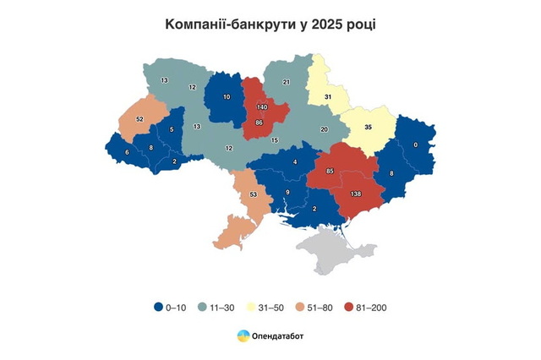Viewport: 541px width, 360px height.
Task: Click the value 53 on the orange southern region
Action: click(x=252, y=195)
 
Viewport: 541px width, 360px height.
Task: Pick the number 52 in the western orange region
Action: click(x=139, y=119)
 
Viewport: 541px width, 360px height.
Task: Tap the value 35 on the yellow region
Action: click(x=368, y=128)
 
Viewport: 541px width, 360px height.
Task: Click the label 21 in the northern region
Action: click(x=286, y=82)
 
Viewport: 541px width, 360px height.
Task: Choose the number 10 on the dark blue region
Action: click(x=226, y=97)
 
